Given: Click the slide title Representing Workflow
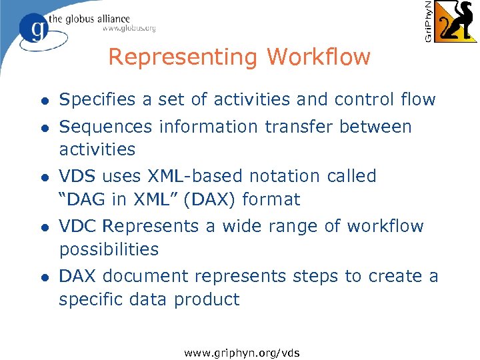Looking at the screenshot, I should pos(239,57).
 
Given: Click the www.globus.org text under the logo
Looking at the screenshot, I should pos(129,28).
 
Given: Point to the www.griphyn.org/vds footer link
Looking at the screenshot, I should pos(242,353).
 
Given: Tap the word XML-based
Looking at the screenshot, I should pos(198,176).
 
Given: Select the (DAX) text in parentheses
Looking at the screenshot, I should pos(215,199).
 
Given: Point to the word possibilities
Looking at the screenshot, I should pos(109,249).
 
